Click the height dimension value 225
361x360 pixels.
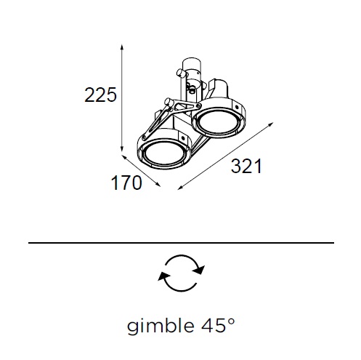coord(100,95)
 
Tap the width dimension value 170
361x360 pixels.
coord(126,183)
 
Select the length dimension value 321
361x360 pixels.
coord(246,166)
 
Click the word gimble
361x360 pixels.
coord(161,326)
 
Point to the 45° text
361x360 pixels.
coord(218,325)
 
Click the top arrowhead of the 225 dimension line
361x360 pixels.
coord(122,47)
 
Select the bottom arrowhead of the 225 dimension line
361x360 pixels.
coord(122,148)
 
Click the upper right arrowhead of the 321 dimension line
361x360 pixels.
coord(270,124)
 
